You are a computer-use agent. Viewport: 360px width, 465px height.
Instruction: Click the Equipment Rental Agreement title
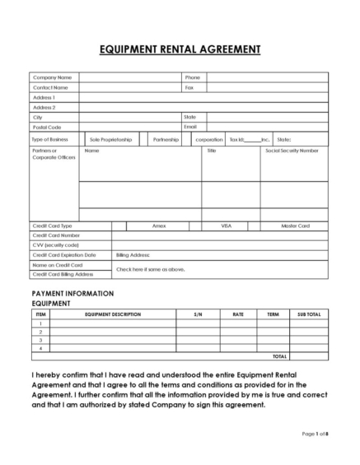click(180, 49)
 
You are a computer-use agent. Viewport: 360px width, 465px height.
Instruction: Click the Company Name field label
click(51, 77)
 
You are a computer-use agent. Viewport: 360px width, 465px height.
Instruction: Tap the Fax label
click(189, 86)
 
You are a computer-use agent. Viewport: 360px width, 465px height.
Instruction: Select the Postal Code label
click(47, 128)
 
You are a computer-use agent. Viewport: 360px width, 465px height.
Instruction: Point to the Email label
click(190, 128)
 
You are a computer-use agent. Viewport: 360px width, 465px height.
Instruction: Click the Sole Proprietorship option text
click(111, 139)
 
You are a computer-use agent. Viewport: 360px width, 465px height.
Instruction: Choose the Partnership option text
click(166, 139)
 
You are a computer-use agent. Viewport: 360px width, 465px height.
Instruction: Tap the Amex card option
click(159, 226)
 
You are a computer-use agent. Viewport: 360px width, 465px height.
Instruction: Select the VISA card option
click(227, 226)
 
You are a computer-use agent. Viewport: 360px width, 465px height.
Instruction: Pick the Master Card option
click(295, 226)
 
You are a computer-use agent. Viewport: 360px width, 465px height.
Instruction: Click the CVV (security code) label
click(56, 245)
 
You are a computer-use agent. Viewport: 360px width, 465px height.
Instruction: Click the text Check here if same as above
click(150, 269)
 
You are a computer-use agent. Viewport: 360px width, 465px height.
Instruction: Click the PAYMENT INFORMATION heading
click(72, 294)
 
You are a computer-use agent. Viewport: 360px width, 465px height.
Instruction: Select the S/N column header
click(198, 314)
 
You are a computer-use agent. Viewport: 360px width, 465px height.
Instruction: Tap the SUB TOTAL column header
click(308, 314)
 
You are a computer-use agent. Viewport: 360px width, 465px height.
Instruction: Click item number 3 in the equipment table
click(40, 340)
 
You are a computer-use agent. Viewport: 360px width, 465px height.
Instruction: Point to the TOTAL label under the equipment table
click(302, 357)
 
